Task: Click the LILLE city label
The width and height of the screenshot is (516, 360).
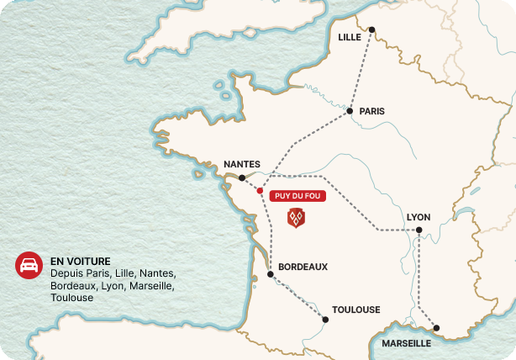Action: click(349, 37)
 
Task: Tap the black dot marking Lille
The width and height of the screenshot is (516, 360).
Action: click(371, 29)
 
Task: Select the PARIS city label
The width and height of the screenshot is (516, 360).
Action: click(371, 110)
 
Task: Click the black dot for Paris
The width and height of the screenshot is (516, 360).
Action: click(350, 110)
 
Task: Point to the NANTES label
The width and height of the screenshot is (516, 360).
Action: click(242, 165)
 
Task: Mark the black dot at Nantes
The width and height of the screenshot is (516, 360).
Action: click(242, 178)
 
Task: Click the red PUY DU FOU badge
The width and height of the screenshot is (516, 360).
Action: click(296, 196)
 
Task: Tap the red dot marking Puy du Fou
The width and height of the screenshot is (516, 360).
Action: click(260, 191)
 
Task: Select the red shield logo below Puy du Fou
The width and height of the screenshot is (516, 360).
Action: click(296, 218)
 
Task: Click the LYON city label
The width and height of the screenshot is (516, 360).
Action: click(418, 217)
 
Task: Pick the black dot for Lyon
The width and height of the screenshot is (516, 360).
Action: click(418, 230)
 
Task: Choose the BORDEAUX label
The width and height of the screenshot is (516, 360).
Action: click(303, 267)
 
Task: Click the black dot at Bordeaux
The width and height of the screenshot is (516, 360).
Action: click(270, 274)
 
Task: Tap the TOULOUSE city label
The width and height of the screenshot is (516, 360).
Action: click(356, 310)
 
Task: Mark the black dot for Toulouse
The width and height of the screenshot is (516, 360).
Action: click(325, 318)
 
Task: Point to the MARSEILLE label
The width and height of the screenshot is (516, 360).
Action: click(406, 343)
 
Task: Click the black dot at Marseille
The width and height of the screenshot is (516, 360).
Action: click(436, 328)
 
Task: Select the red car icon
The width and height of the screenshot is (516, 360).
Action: click(29, 265)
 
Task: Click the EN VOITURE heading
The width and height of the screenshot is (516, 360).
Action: click(81, 262)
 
